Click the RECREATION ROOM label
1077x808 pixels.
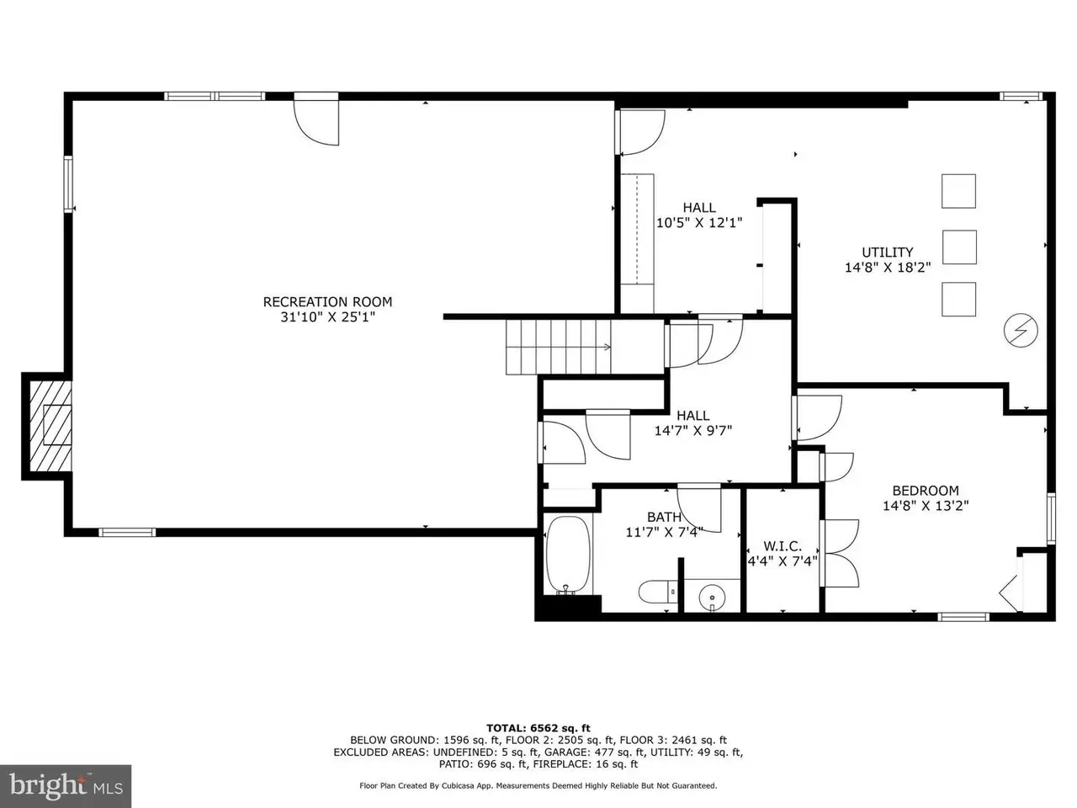click(327, 301)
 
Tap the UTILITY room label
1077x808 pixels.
click(887, 252)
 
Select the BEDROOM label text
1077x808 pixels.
click(926, 491)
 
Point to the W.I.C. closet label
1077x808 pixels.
click(783, 546)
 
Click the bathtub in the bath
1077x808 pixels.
click(568, 555)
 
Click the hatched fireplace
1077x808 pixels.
click(50, 426)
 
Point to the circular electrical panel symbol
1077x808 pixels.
click(1021, 330)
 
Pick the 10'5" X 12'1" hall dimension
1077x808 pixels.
click(699, 223)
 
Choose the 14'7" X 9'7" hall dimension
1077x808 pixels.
click(692, 431)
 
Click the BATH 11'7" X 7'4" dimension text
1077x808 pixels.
click(664, 532)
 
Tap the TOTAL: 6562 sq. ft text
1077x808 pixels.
click(538, 729)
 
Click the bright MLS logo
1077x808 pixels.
click(66, 786)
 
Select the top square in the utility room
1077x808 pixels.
click(958, 191)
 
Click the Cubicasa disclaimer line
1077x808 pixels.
click(538, 786)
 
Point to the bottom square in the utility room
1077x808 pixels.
click(958, 299)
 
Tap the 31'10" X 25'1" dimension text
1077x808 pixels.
click(327, 317)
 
